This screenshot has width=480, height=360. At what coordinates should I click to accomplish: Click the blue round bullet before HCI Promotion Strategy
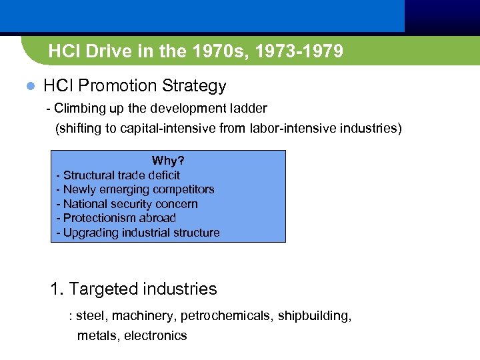click(x=29, y=87)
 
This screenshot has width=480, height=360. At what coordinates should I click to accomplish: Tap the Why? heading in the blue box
click(x=168, y=161)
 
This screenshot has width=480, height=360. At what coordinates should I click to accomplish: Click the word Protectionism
click(x=97, y=218)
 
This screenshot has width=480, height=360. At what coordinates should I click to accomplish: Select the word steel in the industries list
click(x=91, y=316)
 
